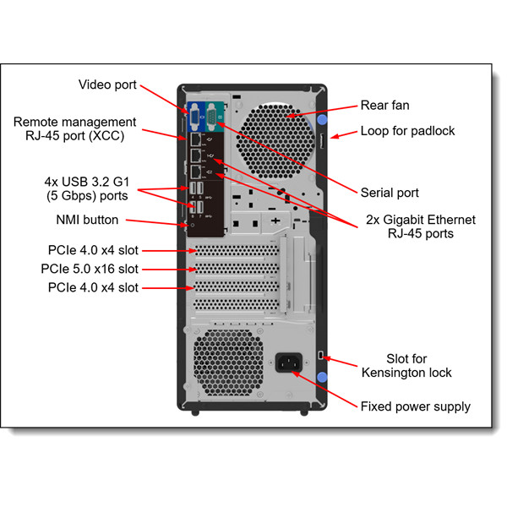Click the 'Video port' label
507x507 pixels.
tap(107, 84)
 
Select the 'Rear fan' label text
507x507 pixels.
tap(386, 106)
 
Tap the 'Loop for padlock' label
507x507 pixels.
tap(407, 131)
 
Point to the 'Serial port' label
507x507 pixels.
tap(390, 193)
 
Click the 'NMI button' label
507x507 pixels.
tap(86, 220)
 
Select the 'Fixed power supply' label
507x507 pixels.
tap(415, 406)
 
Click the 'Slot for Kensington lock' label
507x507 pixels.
tap(418, 365)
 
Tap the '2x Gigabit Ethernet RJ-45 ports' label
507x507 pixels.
tap(421, 226)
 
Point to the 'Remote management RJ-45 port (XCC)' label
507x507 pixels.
tap(74, 129)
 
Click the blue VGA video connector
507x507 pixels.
tap(194, 115)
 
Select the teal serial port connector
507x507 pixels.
tap(217, 112)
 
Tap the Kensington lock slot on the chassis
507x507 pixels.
tap(320, 354)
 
